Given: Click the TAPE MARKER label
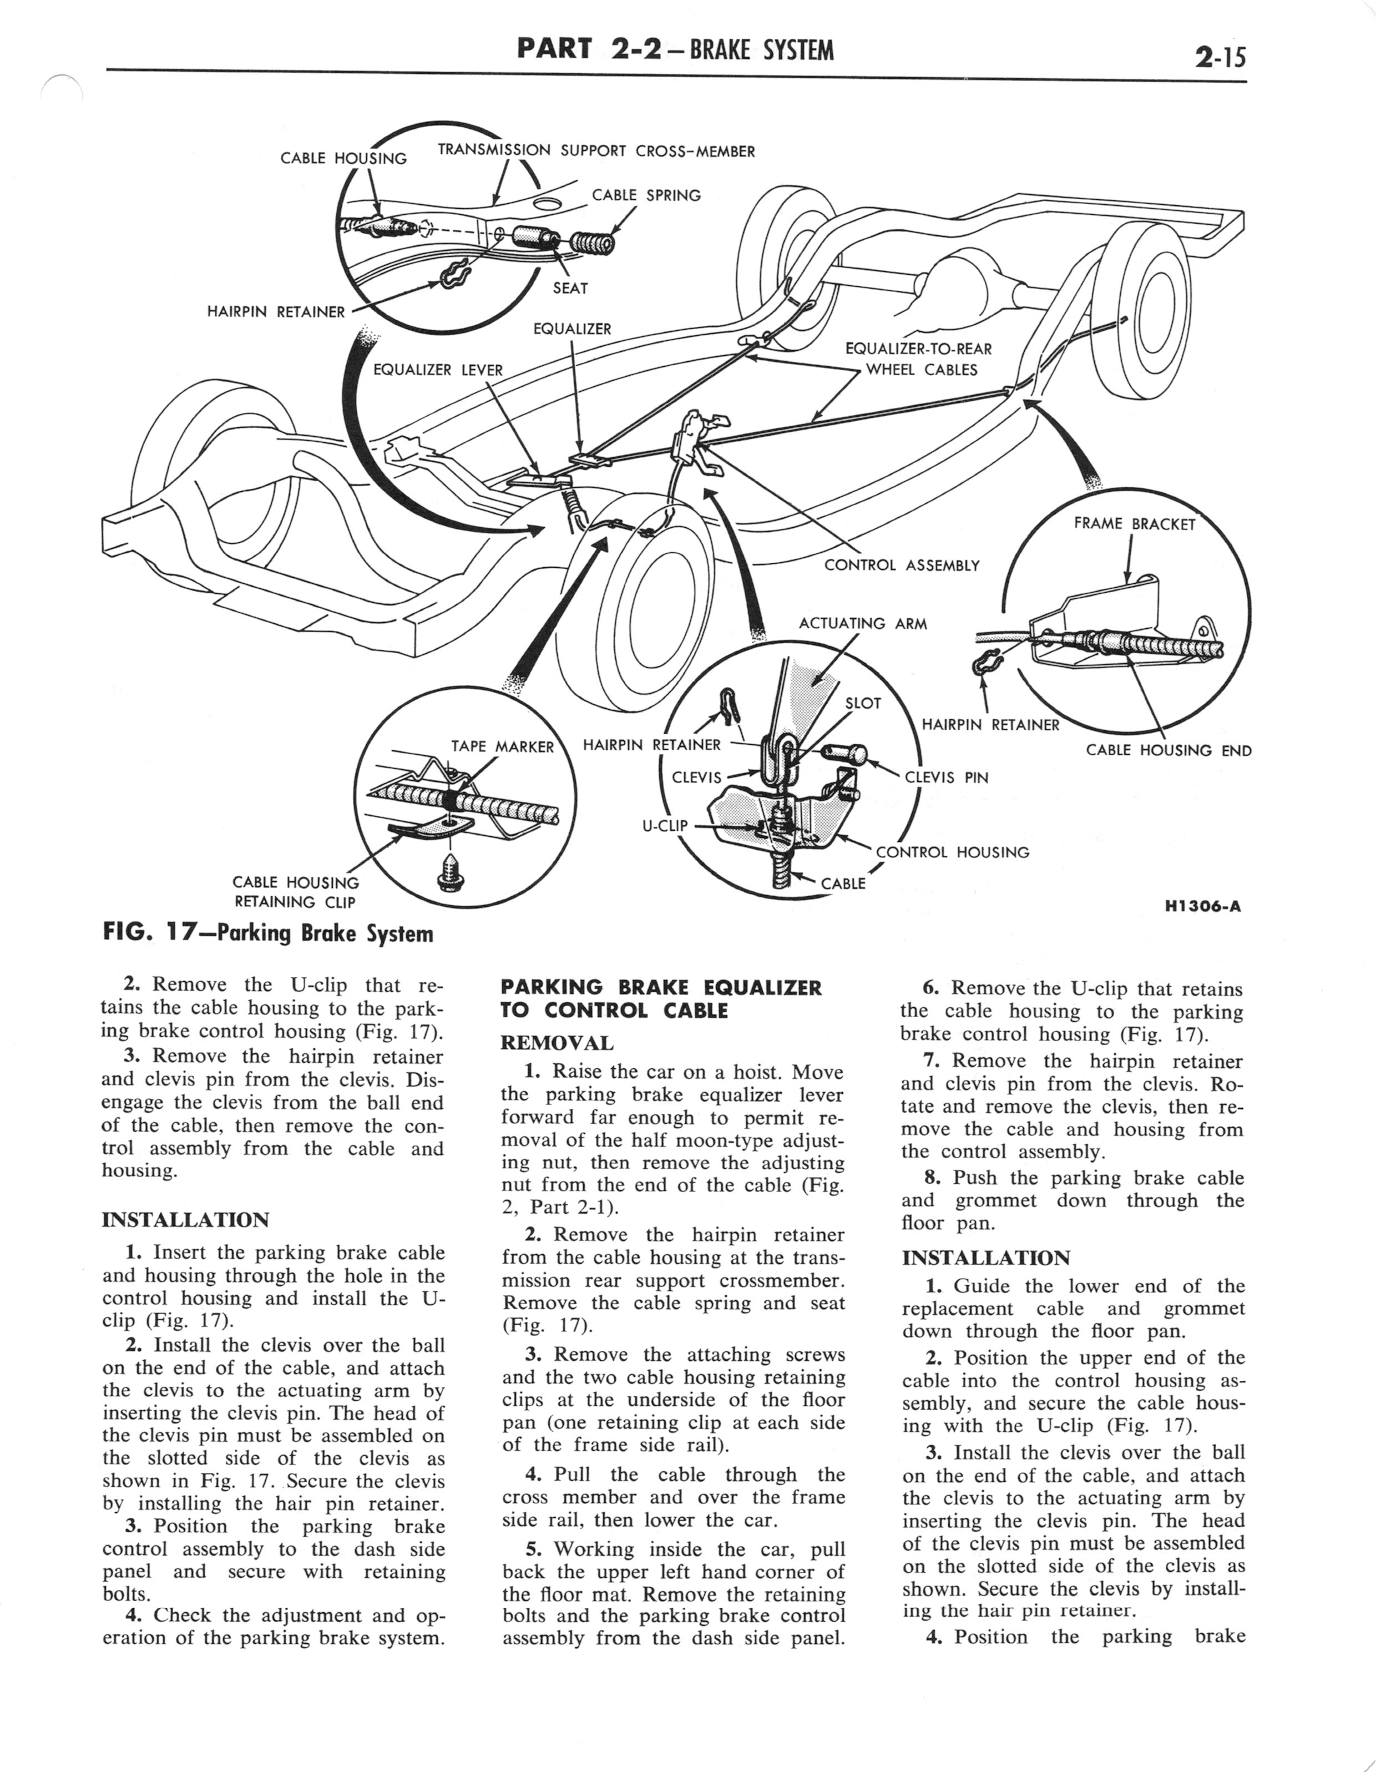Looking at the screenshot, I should pos(502,746).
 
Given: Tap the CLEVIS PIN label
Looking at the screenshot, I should pos(946,778).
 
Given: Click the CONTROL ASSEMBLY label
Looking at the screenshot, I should pos(901,565).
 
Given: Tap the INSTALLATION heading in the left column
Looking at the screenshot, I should pos(185,1220).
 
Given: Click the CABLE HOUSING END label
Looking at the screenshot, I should pos(1168,750).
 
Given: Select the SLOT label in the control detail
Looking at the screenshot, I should pos(862,703).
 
